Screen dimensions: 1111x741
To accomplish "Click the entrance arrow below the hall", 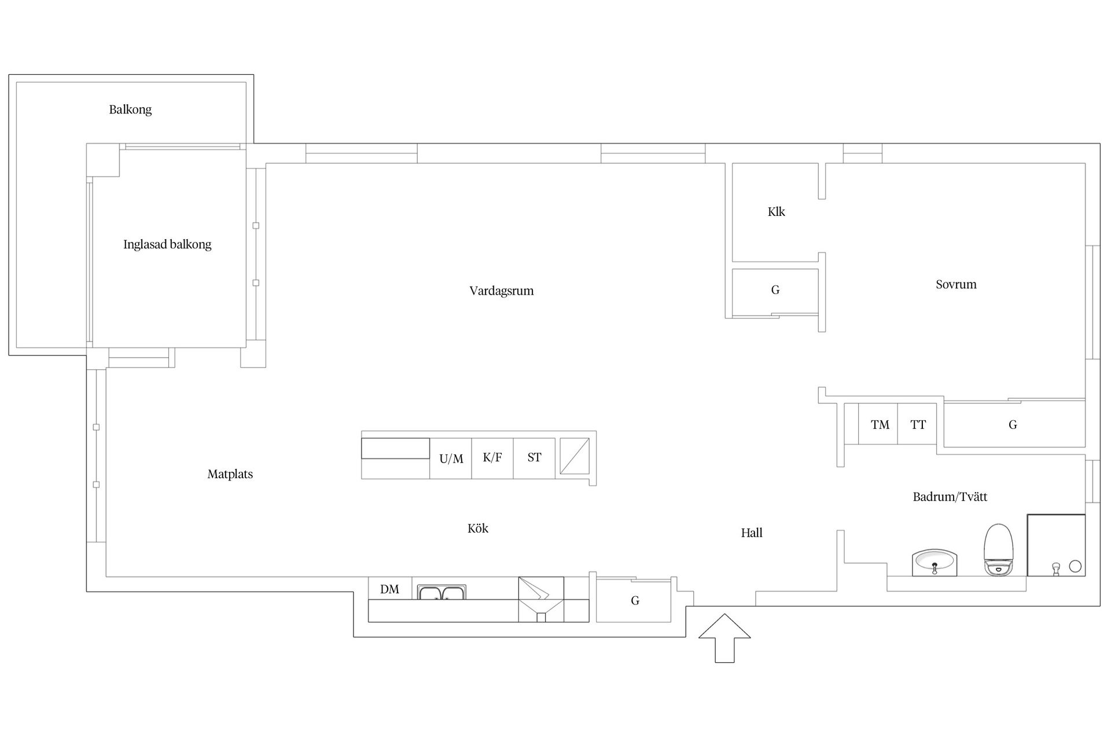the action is [x=724, y=638].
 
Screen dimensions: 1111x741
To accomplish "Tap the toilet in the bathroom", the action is [x=999, y=549].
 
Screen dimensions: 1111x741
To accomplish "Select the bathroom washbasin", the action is [x=935, y=563].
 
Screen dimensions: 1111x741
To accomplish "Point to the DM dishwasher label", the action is [x=389, y=589].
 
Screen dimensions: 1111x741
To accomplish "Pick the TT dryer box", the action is [x=917, y=424].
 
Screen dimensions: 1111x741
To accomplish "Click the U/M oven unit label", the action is [x=451, y=459].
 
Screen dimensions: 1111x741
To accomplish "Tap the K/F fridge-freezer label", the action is [x=492, y=457].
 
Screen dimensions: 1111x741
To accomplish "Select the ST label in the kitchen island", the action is [x=534, y=457].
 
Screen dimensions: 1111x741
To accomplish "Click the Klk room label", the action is [x=777, y=212].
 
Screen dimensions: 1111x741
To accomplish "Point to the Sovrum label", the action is [x=956, y=284].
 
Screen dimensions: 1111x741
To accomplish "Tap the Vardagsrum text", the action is [x=502, y=291].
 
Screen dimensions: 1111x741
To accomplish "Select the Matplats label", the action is [x=230, y=474].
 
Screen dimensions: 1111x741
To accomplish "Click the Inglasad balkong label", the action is [x=167, y=244].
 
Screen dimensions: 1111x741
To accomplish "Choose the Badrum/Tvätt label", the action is [x=950, y=497].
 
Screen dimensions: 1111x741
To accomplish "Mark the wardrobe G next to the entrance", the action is [x=634, y=600].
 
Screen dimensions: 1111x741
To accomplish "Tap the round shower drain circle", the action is [x=1075, y=566].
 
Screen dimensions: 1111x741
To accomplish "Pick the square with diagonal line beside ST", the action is [x=575, y=456].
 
